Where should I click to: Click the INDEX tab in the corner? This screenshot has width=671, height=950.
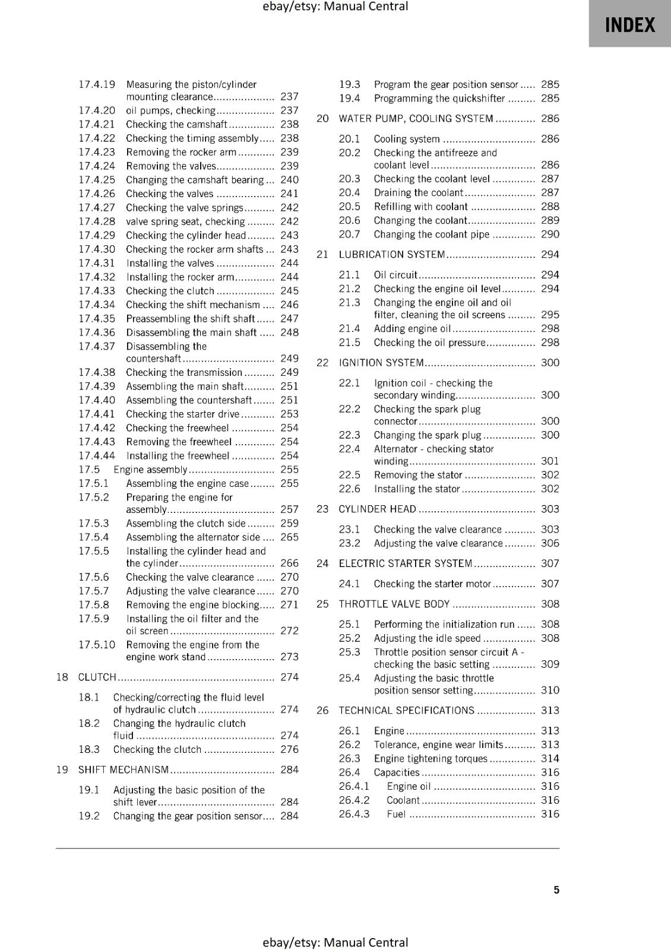(x=629, y=24)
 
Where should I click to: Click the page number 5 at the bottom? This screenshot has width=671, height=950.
(x=556, y=889)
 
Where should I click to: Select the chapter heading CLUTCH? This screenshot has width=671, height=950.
(x=97, y=677)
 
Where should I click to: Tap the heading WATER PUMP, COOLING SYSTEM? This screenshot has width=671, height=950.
(x=416, y=119)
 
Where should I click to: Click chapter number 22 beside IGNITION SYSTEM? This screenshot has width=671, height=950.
(x=322, y=363)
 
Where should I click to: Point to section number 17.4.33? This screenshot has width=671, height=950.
(x=97, y=291)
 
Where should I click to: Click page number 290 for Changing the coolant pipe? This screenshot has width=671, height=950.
(x=550, y=235)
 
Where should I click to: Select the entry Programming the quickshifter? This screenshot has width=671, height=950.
(x=439, y=99)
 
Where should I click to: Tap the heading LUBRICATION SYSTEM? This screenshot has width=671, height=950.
(x=392, y=255)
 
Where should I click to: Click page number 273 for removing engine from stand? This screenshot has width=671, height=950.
(x=289, y=657)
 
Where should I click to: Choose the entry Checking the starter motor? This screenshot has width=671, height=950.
(x=432, y=584)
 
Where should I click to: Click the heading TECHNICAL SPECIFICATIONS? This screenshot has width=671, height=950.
(x=406, y=711)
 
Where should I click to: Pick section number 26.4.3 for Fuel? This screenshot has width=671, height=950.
(x=354, y=814)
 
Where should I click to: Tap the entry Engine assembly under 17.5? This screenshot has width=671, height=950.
(x=150, y=470)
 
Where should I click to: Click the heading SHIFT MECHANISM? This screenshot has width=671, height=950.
(x=124, y=770)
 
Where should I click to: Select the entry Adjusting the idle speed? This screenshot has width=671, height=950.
(x=427, y=638)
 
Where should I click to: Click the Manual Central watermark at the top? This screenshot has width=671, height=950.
(x=335, y=7)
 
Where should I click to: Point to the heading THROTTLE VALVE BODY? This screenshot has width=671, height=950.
(x=394, y=604)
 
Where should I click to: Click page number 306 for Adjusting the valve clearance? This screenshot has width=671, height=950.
(x=550, y=543)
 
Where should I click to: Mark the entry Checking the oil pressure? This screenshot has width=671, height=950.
(x=429, y=343)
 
